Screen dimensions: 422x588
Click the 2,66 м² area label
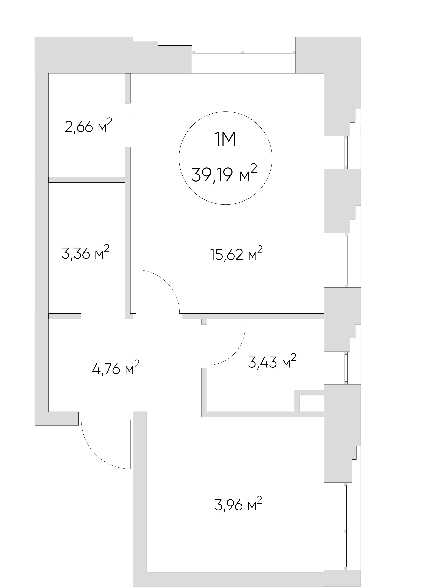click(89, 126)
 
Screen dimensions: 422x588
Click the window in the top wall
click(244, 52)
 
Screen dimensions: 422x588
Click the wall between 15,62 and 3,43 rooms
click(253, 316)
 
